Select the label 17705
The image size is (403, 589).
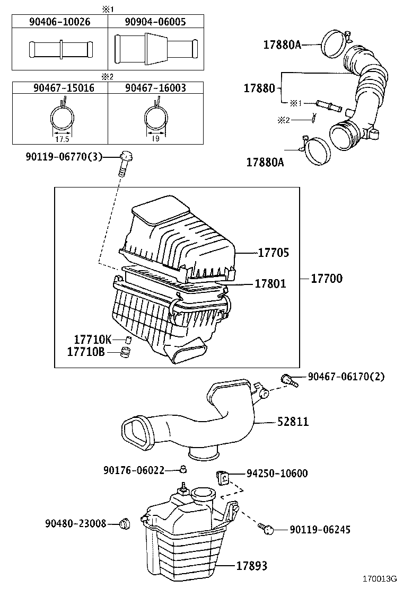pos(273,253)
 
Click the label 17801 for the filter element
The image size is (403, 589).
pos(270,284)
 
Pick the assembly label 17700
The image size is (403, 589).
pos(326,278)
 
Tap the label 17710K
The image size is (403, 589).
pos(92,340)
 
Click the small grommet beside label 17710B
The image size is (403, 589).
pos(126,352)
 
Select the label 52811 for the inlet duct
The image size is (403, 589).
pos(293,422)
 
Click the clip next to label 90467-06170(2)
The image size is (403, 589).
pos(287,379)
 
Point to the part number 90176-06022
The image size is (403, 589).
pos(134,470)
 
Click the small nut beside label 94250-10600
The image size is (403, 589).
pos(223,476)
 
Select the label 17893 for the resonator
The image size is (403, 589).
pos(251,566)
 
